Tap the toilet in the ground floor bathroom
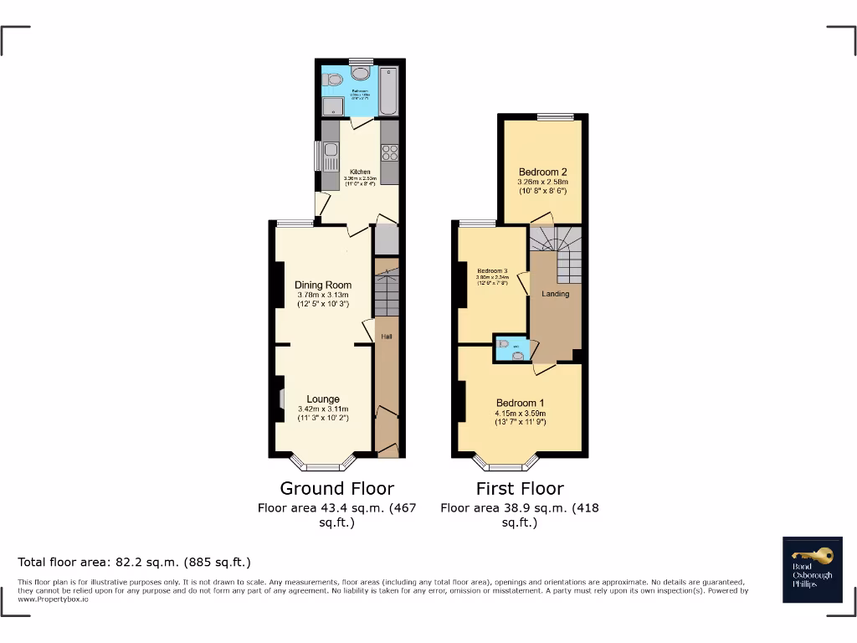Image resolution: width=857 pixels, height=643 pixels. click(334, 81)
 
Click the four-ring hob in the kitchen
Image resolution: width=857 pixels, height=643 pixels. click(389, 152)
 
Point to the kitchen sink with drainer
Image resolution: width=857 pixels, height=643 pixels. click(329, 156)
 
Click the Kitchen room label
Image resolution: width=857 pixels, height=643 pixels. click(360, 172)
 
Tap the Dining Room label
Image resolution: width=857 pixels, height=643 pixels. click(323, 285)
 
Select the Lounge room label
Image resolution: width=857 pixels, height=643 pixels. click(323, 399)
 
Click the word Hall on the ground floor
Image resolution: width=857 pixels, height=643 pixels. click(387, 337)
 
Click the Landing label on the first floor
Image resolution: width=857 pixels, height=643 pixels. click(556, 294)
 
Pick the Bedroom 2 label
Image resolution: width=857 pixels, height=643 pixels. click(543, 172)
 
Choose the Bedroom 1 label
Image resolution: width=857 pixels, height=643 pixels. click(521, 402)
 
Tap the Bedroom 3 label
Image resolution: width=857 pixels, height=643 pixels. click(493, 271)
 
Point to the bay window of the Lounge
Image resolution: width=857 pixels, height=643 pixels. click(323, 463)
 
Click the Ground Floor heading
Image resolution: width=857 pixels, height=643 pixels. click(336, 488)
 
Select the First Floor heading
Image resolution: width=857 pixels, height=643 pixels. click(520, 488)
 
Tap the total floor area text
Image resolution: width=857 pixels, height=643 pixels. click(135, 562)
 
